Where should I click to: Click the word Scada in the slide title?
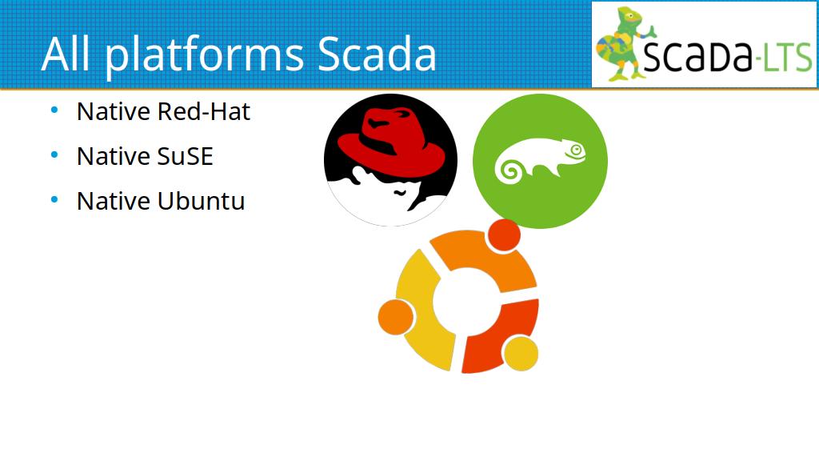377,54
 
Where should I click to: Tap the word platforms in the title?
204,57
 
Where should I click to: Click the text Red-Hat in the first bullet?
204,111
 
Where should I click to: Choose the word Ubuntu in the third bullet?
201,201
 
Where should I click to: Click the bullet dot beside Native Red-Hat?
54,110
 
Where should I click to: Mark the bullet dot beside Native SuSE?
54,155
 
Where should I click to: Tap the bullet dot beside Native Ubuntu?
54,200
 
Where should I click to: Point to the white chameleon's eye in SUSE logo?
576,150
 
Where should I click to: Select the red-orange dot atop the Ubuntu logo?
504,235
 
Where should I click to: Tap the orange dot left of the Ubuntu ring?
396,317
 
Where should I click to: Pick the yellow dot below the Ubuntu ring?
520,353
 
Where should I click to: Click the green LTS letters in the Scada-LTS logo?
787,57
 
